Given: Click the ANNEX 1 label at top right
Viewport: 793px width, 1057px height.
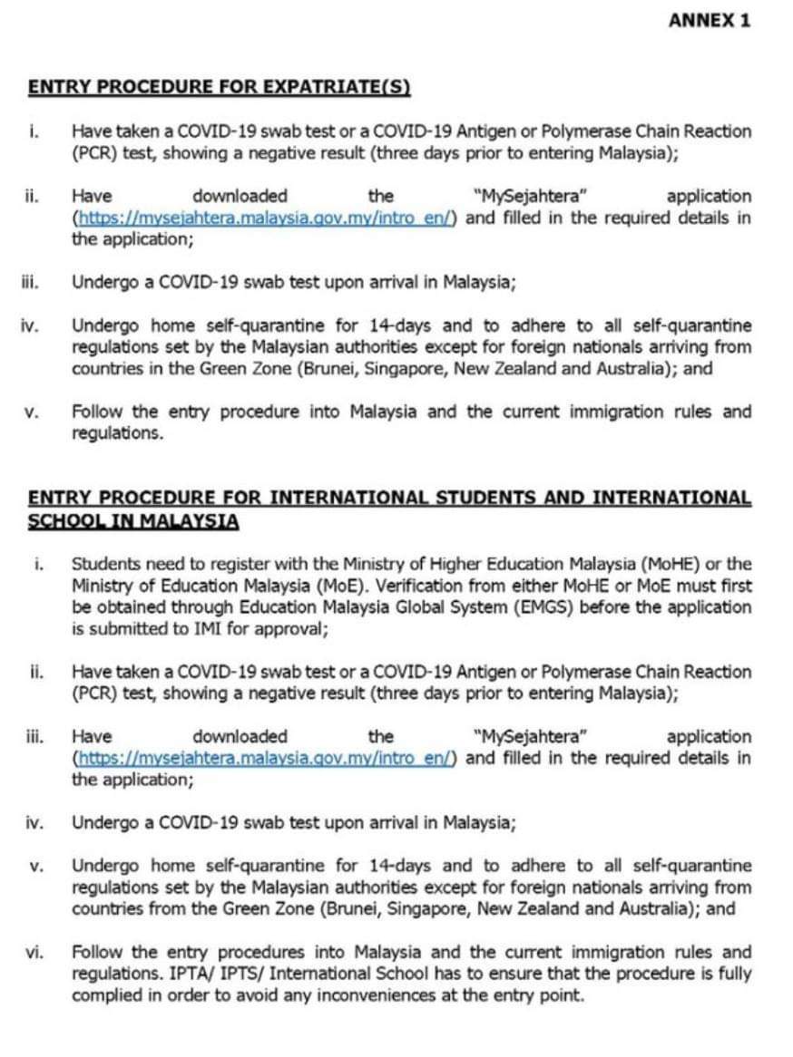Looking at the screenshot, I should coord(710,20).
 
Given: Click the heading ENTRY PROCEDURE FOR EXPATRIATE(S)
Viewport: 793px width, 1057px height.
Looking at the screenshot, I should coord(220,87).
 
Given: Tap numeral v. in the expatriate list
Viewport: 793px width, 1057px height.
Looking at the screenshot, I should coord(33,412).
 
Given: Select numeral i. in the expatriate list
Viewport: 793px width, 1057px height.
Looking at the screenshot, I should coord(34,131).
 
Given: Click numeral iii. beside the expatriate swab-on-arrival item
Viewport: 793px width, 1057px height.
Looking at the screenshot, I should coord(33,282).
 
